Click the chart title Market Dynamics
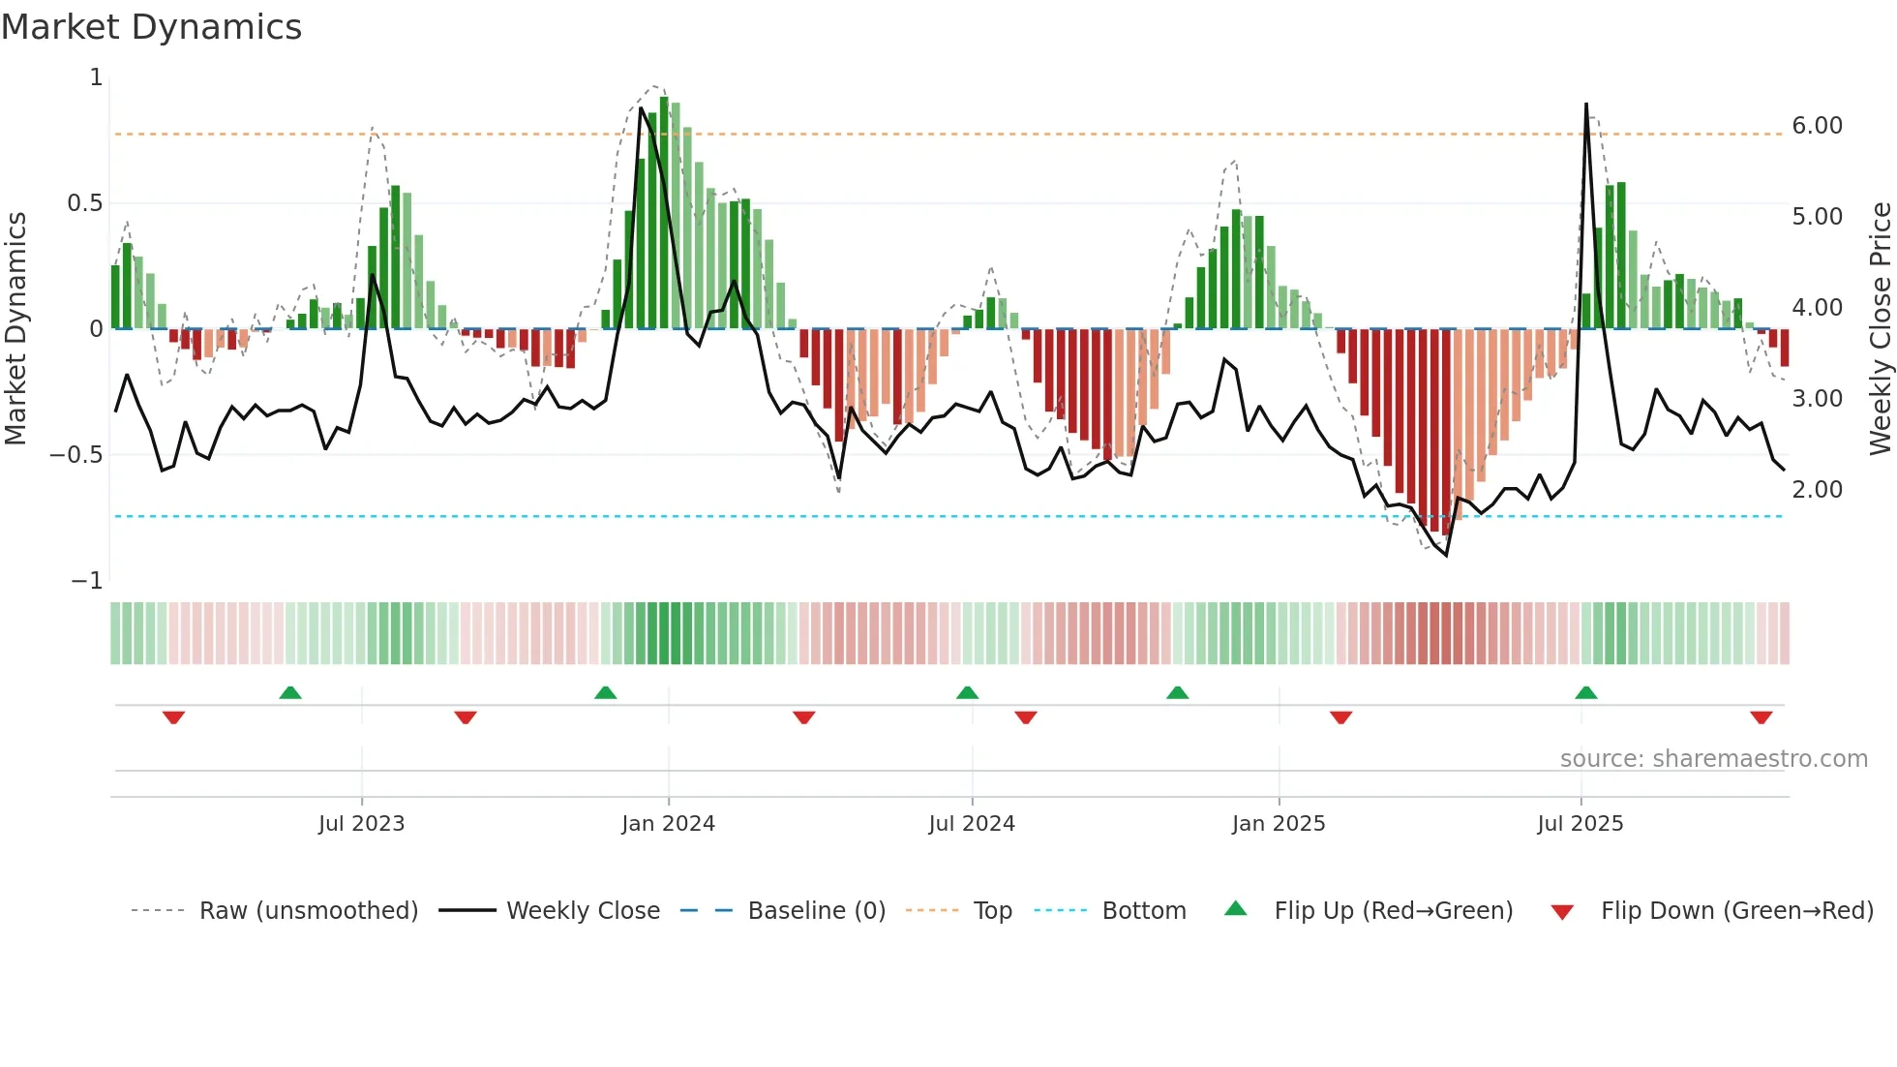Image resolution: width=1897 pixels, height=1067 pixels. pos(151,27)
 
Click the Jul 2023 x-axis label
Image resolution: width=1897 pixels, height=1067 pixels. pos(361,824)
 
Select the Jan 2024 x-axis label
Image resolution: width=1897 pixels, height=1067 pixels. pos(668,824)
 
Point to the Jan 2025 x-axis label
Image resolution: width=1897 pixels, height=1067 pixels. pos(1279,824)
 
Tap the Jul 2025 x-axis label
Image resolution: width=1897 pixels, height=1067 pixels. pos(1581,824)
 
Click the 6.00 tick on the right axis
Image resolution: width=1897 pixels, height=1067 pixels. pos(1817,126)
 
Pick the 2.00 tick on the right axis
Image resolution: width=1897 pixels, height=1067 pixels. pos(1817,490)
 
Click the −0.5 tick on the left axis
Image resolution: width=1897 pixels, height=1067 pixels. pos(75,455)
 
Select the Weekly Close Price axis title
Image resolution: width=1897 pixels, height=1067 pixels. pos(1880,328)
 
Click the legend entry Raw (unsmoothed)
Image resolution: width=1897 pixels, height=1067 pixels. pos(308,911)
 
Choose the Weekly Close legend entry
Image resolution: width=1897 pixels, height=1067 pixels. pos(583,911)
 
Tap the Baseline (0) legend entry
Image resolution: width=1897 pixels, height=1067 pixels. pos(816,911)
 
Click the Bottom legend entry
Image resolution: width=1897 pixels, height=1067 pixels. pos(1143,911)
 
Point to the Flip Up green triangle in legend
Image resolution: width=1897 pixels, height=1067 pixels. pos(1236,908)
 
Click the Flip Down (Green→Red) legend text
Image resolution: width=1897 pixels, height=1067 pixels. pos(1736,911)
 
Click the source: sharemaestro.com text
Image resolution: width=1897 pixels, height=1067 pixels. pos(1713,759)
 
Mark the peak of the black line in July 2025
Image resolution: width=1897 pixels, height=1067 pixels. pos(1586,105)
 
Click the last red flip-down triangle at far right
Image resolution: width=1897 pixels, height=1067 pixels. pos(1761,717)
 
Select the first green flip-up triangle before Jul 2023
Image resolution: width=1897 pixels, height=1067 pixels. pos(290,692)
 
